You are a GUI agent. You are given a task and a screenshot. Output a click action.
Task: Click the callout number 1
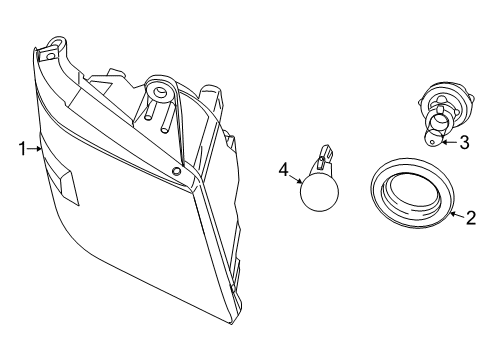pos(21,150)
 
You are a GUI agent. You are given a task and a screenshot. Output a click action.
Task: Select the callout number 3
pos(465,142)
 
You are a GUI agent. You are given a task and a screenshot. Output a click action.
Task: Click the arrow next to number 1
pos(36,150)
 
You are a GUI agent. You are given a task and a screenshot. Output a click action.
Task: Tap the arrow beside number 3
pos(448,142)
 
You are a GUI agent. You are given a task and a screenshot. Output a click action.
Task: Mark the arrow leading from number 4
pos(298,179)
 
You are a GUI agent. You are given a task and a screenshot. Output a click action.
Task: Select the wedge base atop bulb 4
pos(322,156)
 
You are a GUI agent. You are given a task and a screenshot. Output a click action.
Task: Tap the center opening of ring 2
pos(411,193)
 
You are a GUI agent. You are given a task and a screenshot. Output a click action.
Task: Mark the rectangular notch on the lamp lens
pos(67,186)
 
